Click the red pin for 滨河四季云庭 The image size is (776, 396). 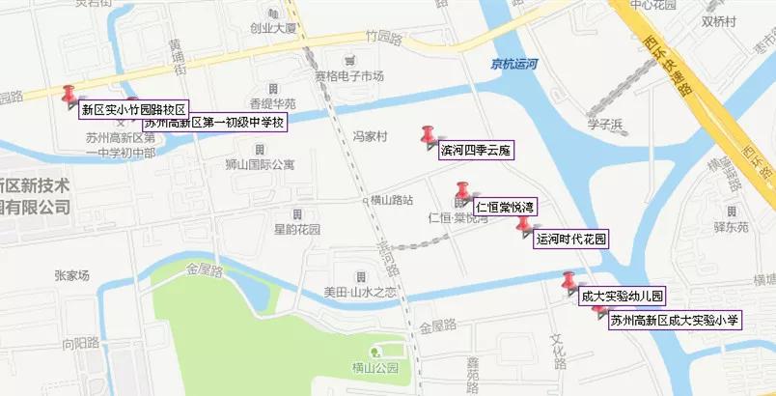coord(429,134)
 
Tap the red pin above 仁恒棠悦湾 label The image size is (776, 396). coord(462,189)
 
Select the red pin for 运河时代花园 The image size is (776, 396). coord(523,225)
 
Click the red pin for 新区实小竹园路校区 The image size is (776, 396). coord(69,93)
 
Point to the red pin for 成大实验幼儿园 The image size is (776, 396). coord(569,281)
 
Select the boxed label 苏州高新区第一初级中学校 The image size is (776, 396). coord(214,123)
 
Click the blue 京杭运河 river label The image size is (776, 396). coord(513,63)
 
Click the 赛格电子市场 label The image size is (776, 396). coord(349,76)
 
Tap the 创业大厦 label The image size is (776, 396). coord(271,28)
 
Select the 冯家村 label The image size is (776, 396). coord(370,137)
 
